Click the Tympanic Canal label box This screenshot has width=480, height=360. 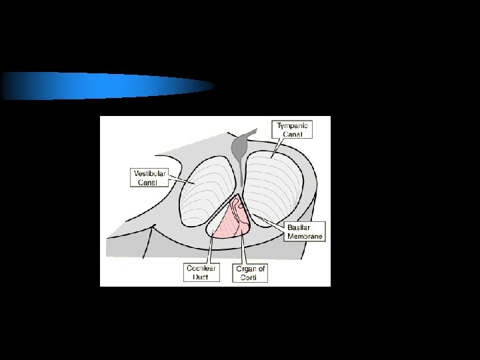click(x=293, y=129)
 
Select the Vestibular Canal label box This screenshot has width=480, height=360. click(x=149, y=177)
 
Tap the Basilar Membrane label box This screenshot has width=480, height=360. click(x=305, y=231)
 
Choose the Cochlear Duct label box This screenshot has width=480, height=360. click(x=201, y=273)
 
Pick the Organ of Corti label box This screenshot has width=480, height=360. click(x=251, y=273)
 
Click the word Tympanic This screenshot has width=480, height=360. click(x=293, y=125)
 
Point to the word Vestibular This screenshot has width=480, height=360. click(x=149, y=173)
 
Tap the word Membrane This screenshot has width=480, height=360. click(x=305, y=235)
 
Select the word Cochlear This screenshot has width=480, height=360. click(x=201, y=269)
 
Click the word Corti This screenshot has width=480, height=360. click(x=249, y=277)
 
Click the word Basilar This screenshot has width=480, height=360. click(x=300, y=227)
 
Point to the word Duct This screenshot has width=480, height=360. click(x=201, y=277)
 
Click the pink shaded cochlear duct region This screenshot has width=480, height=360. click(x=230, y=223)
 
